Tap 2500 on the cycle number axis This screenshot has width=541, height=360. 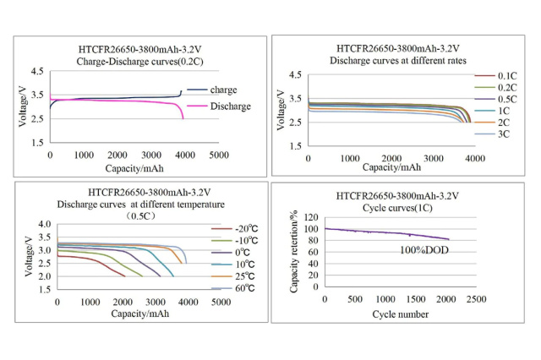pos(475,299)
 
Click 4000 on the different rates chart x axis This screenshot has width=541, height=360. pos(475,159)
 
